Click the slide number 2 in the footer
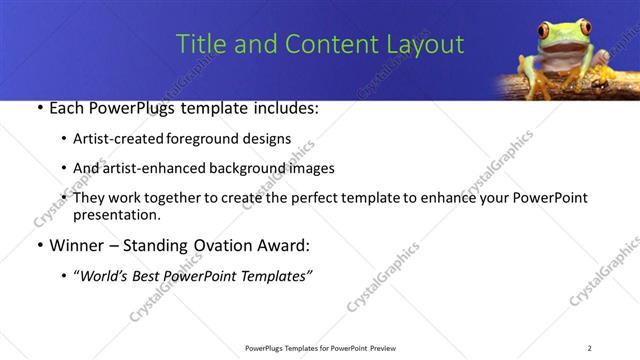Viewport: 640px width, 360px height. pos(589,348)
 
